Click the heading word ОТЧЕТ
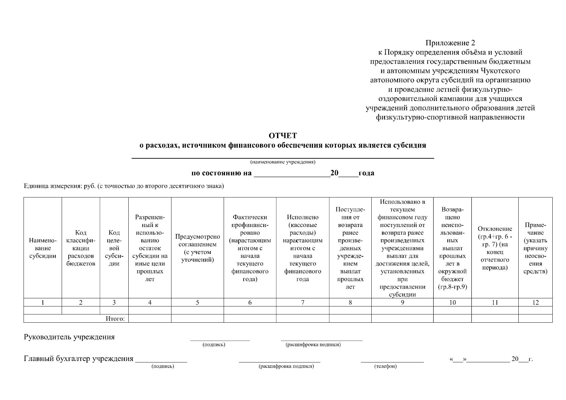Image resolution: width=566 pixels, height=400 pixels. click(x=283, y=136)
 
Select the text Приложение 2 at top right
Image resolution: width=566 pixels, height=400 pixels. click(x=450, y=43)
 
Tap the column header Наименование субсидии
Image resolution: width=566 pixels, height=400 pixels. click(x=43, y=248)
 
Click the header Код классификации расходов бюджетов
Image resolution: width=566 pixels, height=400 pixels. click(x=81, y=248)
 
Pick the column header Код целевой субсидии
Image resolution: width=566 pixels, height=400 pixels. click(x=114, y=248)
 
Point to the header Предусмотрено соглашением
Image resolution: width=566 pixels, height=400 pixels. click(x=197, y=248)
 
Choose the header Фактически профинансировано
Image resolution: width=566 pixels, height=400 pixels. click(x=250, y=248)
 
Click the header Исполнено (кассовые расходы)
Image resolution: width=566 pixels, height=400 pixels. click(x=303, y=248)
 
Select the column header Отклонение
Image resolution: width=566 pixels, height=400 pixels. click(x=495, y=248)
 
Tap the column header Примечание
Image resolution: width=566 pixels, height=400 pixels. click(x=535, y=248)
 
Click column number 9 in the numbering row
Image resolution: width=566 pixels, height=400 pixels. click(x=402, y=303)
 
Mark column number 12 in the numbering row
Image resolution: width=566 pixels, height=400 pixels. click(x=535, y=303)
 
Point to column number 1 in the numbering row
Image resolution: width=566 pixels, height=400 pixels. click(x=43, y=303)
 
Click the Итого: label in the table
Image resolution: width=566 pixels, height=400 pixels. click(x=115, y=319)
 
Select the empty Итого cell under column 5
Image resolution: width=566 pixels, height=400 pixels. click(x=197, y=319)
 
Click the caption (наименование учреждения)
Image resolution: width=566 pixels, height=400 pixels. click(x=283, y=162)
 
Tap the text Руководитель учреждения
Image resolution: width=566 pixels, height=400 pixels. click(x=69, y=337)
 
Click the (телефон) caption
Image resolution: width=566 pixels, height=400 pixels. click(x=386, y=367)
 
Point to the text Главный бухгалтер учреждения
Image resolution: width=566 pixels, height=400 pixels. click(x=79, y=359)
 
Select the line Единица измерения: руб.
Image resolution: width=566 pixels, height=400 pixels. click(x=124, y=186)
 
